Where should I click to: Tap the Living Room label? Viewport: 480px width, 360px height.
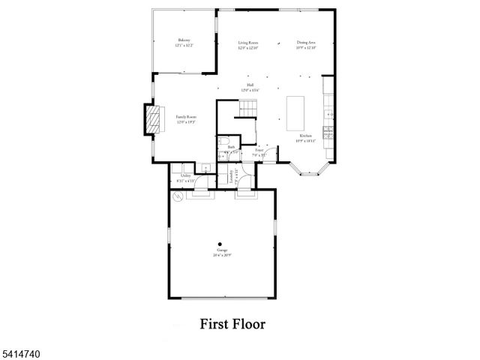pos(248,43)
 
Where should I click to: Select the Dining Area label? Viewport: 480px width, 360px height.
pos(305,43)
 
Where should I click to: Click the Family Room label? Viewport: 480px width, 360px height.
pos(186,118)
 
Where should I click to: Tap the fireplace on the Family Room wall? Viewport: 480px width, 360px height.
pos(153,118)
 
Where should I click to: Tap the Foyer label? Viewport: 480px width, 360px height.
pos(259,151)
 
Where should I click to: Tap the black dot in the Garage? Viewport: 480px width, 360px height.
pos(220,243)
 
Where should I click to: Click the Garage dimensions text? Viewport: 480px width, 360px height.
pos(222,255)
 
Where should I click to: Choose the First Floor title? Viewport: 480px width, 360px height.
pos(232,325)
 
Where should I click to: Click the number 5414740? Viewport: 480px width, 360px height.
pos(17,351)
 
